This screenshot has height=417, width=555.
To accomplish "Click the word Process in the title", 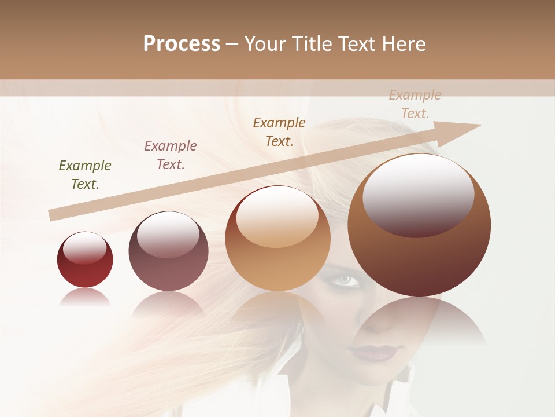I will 182,44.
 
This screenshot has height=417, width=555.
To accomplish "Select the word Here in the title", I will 403,44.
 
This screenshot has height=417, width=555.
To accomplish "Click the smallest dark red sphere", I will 85,261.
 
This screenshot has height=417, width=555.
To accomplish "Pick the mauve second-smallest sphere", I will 168,252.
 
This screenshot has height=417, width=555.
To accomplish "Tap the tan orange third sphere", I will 278,239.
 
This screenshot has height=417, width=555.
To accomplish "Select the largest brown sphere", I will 419,226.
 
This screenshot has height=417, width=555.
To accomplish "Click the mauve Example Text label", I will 171,155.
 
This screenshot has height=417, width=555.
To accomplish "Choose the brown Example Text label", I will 279,131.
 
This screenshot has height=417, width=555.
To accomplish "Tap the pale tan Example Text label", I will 415,104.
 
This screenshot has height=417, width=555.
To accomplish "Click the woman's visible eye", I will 345,280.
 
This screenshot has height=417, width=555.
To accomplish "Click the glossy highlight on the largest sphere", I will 418,195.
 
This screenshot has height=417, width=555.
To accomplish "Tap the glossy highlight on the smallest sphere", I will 85,248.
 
